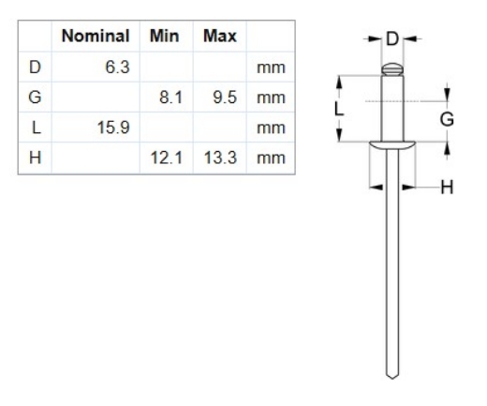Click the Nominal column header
[96, 36]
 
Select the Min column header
[165, 36]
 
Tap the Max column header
[220, 36]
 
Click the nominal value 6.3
[117, 68]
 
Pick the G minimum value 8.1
[170, 98]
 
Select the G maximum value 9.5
[225, 98]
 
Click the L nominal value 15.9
[113, 128]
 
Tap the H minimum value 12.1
[167, 158]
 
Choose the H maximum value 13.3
[220, 158]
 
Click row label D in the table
[35, 68]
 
